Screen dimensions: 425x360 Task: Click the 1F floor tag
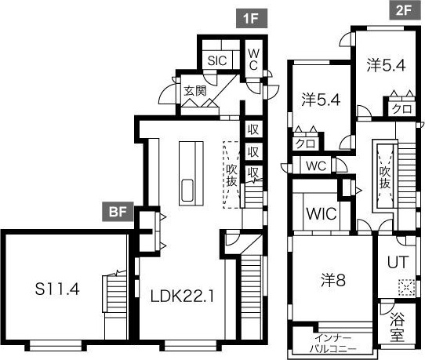point(252,19)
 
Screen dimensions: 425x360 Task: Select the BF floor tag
point(118,212)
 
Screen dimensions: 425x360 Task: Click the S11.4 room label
point(57,289)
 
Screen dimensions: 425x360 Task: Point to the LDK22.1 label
point(182,296)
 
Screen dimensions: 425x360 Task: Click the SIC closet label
point(217,60)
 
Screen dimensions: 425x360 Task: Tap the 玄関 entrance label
point(195,91)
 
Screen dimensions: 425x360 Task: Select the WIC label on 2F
point(321,213)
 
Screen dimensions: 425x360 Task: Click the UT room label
point(398,262)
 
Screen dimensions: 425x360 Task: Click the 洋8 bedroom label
point(333,280)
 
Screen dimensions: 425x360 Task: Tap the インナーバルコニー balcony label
point(333,344)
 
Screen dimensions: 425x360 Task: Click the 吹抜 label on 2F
point(384,177)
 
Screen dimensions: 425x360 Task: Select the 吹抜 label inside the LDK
point(232,176)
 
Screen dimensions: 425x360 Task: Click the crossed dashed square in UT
point(406,287)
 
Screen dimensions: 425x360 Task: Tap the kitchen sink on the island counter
point(187,191)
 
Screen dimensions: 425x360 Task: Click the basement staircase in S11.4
point(114,293)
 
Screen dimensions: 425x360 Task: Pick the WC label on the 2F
point(316,165)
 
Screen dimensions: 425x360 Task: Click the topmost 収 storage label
point(253,129)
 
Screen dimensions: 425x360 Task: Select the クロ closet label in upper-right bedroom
point(401,109)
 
